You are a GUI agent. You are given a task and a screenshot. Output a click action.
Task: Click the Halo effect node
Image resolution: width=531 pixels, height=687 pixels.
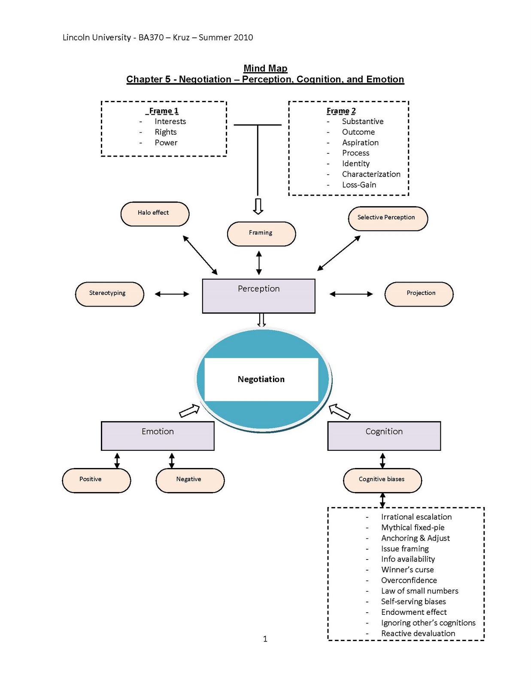155,213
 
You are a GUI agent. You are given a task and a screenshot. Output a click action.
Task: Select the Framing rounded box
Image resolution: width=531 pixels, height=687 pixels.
261,234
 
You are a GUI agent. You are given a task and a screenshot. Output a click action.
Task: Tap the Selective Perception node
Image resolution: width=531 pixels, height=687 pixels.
387,218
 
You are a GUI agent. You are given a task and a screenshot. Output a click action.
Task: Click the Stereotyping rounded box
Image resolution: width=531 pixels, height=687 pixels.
109,294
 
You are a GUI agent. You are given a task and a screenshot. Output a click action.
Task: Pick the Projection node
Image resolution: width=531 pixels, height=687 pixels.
419,294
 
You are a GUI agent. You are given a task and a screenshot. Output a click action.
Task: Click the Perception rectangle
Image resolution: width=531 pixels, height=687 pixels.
258,295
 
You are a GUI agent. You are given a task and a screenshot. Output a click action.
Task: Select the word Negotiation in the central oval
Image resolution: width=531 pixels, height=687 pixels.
261,379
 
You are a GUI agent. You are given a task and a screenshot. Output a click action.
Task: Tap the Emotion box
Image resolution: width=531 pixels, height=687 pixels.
158,435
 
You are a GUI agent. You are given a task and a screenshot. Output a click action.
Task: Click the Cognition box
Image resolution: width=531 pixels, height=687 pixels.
384,435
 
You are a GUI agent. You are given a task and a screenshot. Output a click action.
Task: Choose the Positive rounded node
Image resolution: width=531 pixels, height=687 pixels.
96,480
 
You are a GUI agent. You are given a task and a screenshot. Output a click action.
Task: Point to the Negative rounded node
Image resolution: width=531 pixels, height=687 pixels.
190,480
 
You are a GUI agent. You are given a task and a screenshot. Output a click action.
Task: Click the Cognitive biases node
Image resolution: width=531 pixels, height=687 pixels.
382,480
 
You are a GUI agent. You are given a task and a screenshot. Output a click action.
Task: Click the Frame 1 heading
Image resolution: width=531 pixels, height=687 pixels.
164,111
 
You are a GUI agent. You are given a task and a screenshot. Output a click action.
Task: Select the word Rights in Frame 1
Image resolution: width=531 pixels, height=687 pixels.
166,132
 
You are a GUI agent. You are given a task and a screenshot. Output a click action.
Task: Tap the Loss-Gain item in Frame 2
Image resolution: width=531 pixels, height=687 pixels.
359,185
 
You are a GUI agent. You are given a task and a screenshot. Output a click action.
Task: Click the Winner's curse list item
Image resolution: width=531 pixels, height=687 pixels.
407,570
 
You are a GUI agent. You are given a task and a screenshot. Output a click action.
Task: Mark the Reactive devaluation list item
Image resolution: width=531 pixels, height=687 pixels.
418,633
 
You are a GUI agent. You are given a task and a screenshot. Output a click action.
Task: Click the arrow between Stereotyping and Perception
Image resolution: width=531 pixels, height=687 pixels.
172,294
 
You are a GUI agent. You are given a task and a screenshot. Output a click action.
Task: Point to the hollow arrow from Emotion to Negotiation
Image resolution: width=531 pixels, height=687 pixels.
189,411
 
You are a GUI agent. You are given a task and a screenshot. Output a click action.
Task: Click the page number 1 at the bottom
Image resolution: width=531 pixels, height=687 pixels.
265,639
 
